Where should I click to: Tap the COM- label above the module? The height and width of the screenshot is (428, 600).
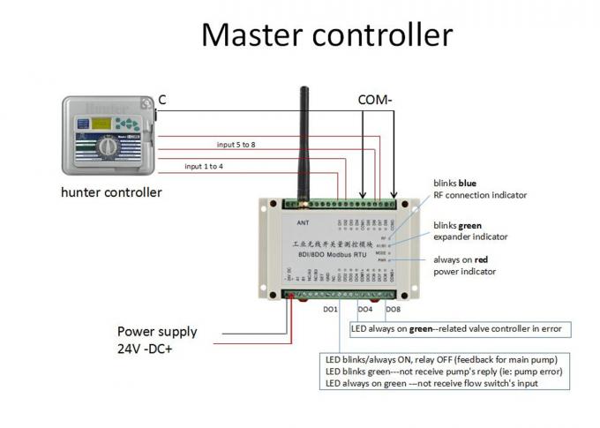click(x=376, y=101)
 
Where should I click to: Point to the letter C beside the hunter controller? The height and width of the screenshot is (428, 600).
click(x=162, y=101)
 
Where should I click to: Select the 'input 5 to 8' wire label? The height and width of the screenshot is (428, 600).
click(x=236, y=144)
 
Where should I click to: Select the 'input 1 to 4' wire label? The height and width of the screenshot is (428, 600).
click(x=204, y=165)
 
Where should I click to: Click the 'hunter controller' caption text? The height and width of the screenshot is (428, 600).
click(x=111, y=191)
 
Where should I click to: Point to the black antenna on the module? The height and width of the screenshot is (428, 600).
click(x=304, y=132)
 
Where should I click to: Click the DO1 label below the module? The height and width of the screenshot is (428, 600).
click(x=330, y=310)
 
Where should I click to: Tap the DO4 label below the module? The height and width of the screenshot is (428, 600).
click(x=364, y=310)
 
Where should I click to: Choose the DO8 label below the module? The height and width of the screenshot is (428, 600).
click(x=394, y=310)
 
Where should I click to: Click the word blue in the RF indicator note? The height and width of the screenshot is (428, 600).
click(x=468, y=183)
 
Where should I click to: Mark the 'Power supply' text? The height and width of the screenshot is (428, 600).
click(x=157, y=332)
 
